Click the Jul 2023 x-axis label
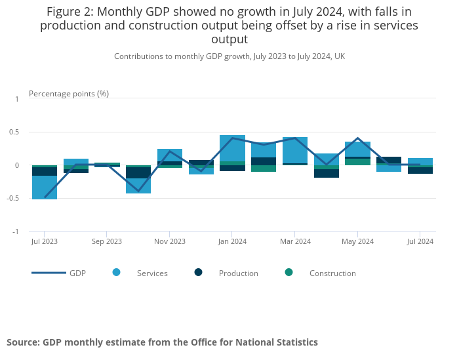click(44, 241)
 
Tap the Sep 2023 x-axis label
click(107, 241)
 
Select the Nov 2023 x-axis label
click(169, 241)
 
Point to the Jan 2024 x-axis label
click(231, 241)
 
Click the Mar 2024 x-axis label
click(295, 241)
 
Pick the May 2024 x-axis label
click(357, 241)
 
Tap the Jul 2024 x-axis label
click(420, 241)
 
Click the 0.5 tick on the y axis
click(14, 132)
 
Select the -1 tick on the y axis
click(16, 231)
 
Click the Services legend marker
click(117, 272)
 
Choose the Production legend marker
click(199, 272)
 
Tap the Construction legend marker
click(289, 272)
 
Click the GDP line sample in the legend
click(49, 273)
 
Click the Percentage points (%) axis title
click(69, 94)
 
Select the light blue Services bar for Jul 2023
click(45, 187)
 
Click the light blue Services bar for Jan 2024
click(232, 148)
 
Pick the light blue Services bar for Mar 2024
click(295, 150)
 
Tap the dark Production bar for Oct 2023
click(138, 173)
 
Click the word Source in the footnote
click(22, 342)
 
